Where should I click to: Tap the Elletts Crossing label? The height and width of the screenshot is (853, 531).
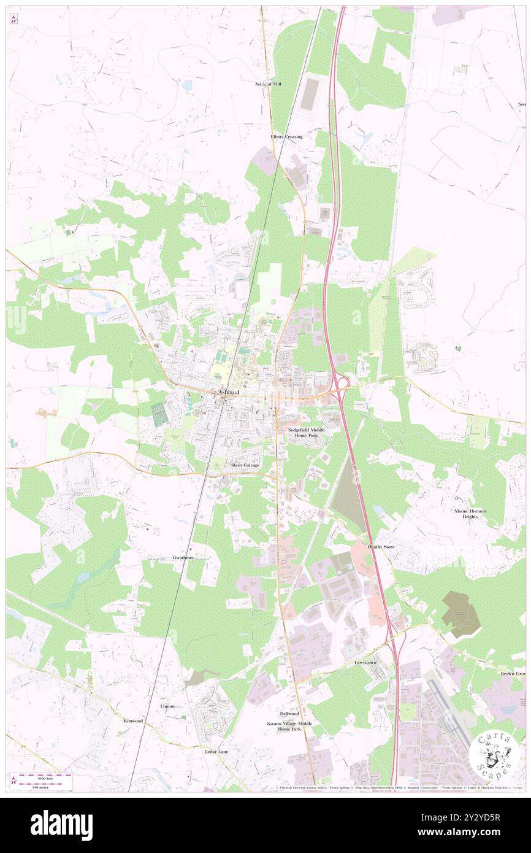click(x=286, y=137)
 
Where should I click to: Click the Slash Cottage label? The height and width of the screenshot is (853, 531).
click(x=245, y=466)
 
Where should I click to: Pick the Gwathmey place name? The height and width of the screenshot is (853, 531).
click(x=183, y=558)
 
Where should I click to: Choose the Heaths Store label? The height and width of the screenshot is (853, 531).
click(x=381, y=546)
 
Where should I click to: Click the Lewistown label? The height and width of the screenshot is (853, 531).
click(x=365, y=663)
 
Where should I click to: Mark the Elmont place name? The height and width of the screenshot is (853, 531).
click(x=168, y=706)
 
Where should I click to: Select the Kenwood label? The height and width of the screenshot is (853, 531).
click(x=133, y=721)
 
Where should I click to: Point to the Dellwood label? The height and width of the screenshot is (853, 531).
click(x=289, y=714)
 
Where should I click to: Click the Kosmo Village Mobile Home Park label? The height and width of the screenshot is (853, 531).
click(x=289, y=727)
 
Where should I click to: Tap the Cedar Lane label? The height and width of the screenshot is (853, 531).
click(x=216, y=751)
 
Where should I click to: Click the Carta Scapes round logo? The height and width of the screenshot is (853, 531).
click(x=494, y=755)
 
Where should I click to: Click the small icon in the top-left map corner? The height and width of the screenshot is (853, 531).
click(x=13, y=19)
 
